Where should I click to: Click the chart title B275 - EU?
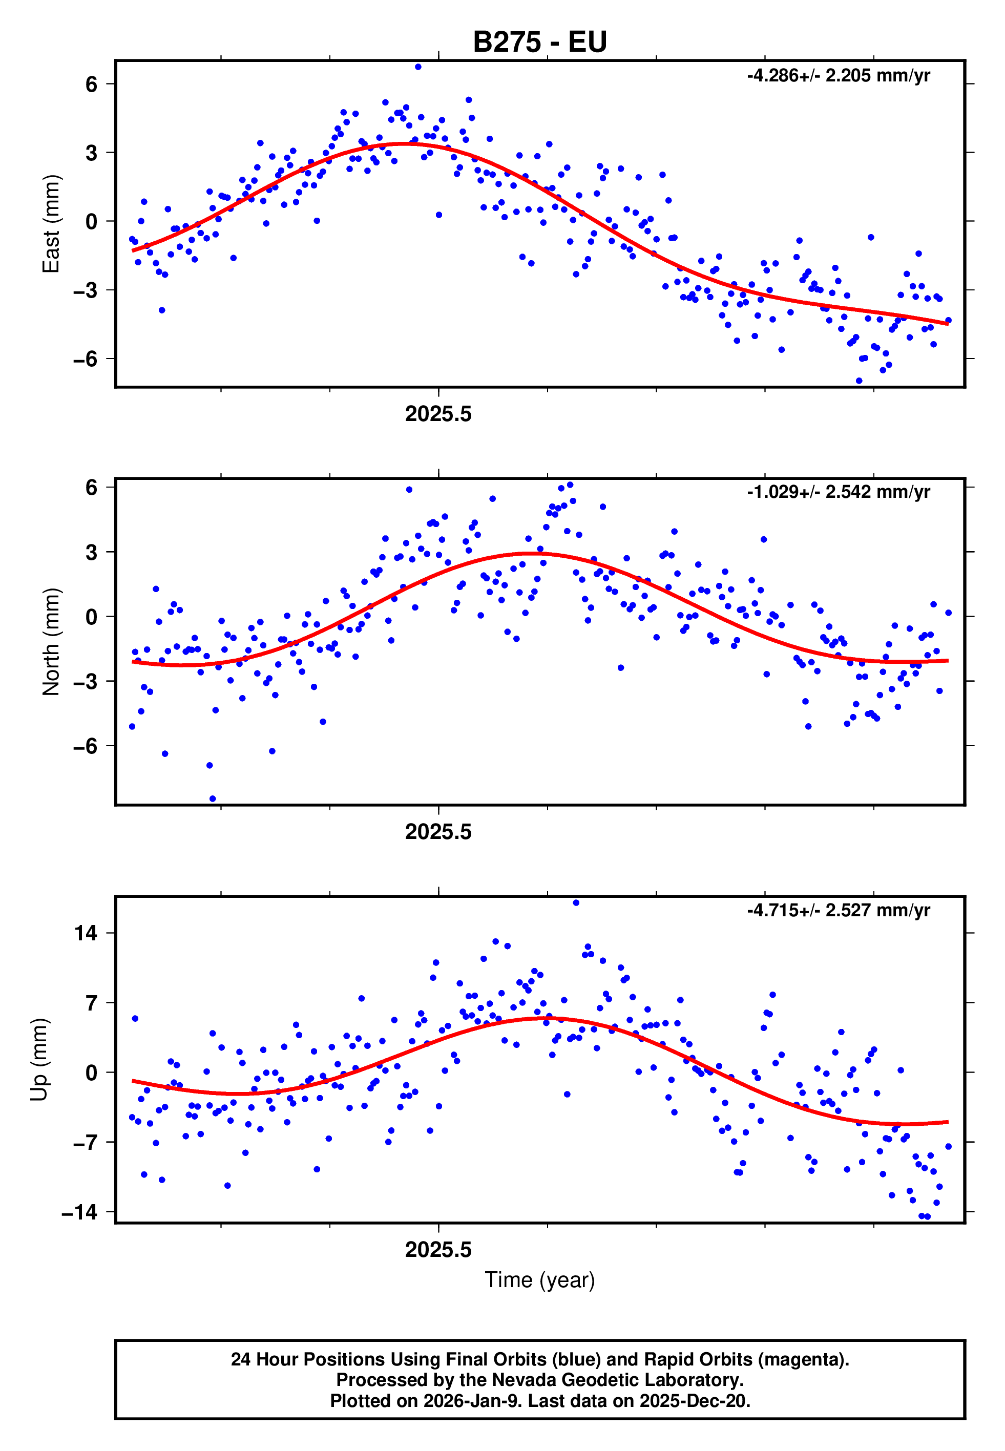coord(540,42)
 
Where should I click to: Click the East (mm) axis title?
coord(50,223)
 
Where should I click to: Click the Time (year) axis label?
coord(540,1280)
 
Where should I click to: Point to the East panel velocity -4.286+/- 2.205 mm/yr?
coord(838,76)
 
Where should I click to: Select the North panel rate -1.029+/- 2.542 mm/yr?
coord(838,492)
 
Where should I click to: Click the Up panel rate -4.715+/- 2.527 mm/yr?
coord(838,910)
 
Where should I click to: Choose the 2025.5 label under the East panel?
coord(438,414)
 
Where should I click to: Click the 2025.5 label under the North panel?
coord(438,832)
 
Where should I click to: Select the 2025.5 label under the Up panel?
coord(438,1250)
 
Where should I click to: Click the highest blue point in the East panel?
coord(418,67)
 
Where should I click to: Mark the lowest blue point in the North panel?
coord(213,799)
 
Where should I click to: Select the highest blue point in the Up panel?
coord(576,902)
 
